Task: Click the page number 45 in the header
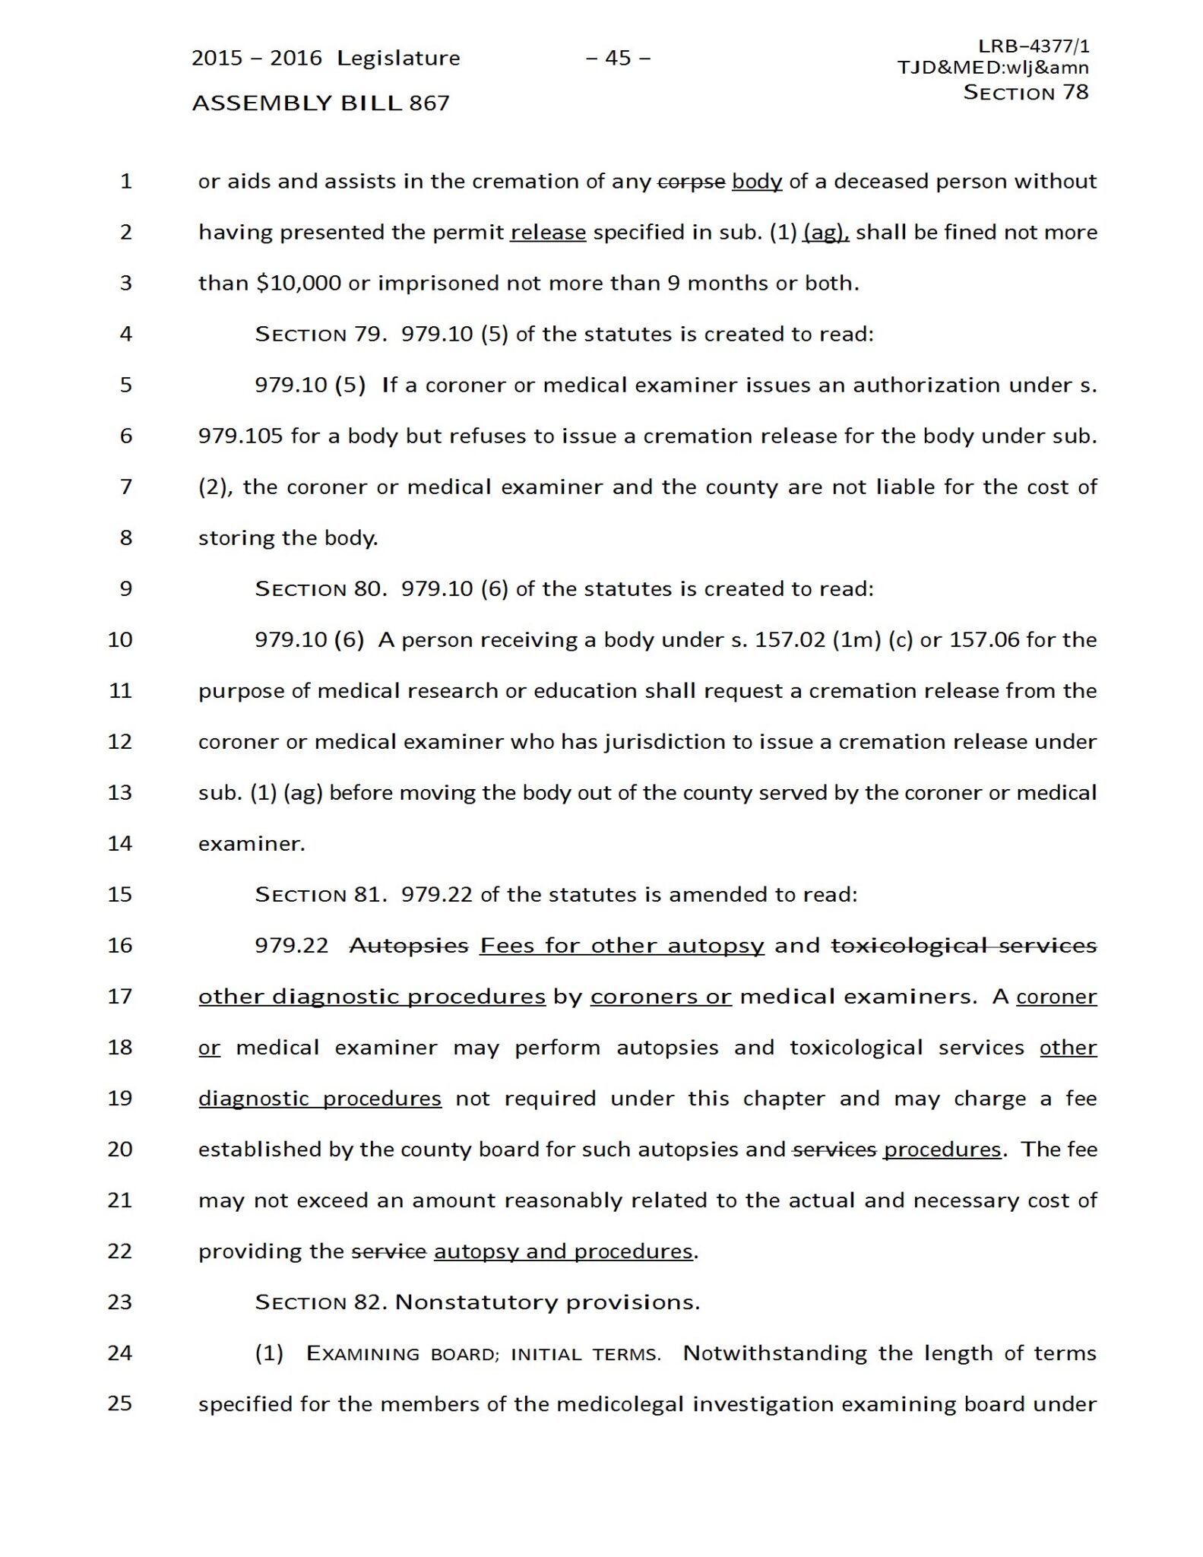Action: click(x=618, y=59)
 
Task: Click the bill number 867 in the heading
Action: click(x=429, y=103)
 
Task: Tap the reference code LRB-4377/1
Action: click(x=1034, y=46)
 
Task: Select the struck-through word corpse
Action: click(x=691, y=182)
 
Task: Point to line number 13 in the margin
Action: click(x=120, y=792)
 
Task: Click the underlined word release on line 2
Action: click(x=548, y=233)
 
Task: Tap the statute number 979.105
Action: click(x=240, y=436)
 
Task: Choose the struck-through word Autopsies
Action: click(x=409, y=946)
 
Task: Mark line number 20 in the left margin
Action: click(x=120, y=1149)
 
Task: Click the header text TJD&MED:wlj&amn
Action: click(x=992, y=68)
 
